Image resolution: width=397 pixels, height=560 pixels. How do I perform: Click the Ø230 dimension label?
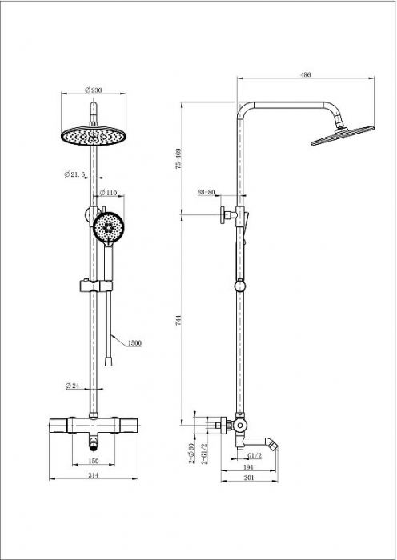click(x=94, y=90)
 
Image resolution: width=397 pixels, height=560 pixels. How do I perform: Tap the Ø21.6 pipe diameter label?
click(x=74, y=174)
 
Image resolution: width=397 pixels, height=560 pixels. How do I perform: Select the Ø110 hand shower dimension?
click(x=108, y=193)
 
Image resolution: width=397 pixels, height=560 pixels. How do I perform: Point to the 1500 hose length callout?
click(x=134, y=343)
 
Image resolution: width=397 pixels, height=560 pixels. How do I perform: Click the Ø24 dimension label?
click(x=72, y=386)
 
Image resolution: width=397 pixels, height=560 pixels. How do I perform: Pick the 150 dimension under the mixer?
click(x=93, y=461)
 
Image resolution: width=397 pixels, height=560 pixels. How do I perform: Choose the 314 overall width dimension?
click(x=93, y=475)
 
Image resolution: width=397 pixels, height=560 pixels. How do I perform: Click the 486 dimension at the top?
click(x=306, y=74)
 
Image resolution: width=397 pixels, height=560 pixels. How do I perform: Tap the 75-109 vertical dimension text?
click(x=179, y=158)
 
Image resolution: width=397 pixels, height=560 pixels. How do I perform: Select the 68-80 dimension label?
click(x=207, y=193)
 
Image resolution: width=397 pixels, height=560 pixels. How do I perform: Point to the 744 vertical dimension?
click(x=179, y=320)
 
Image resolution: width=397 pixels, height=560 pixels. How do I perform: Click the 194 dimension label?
click(x=248, y=467)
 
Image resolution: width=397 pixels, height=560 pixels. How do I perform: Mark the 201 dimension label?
click(x=248, y=478)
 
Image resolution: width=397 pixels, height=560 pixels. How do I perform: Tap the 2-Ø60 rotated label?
click(x=191, y=454)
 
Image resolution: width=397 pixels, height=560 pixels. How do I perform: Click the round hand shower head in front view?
click(x=108, y=227)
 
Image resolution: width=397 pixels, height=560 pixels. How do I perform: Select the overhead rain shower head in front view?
click(x=94, y=136)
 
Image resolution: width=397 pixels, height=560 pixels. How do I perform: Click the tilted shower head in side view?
click(x=343, y=136)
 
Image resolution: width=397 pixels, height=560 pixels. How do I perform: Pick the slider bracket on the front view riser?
click(x=96, y=286)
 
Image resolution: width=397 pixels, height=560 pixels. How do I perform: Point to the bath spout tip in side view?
click(x=275, y=445)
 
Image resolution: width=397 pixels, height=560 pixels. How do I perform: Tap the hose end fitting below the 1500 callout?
click(x=107, y=362)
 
